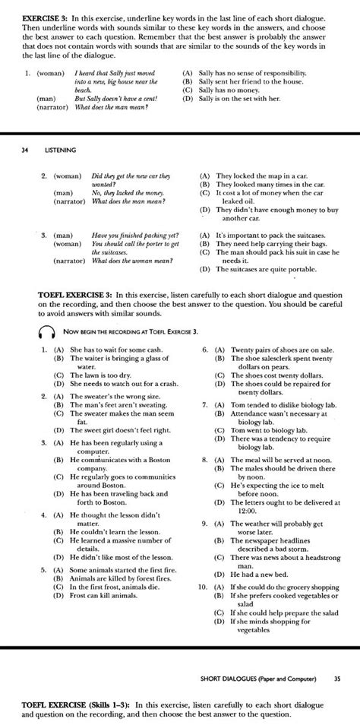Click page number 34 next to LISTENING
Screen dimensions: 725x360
(25, 150)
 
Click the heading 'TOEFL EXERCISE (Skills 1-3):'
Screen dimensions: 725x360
(98, 706)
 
